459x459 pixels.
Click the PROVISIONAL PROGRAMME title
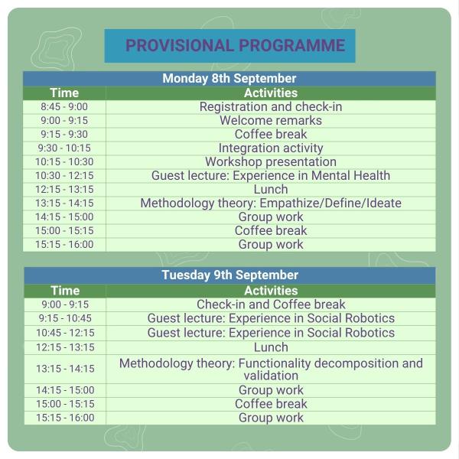pos(235,45)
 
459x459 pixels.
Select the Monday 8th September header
pos(229,79)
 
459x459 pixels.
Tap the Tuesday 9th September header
pos(229,275)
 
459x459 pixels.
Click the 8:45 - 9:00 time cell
pos(64,106)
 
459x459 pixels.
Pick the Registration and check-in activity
pos(271,106)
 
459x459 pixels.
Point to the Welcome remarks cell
pos(271,120)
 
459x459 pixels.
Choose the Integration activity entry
pos(271,148)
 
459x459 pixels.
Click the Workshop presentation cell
pos(271,161)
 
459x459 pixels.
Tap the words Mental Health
pos(350,175)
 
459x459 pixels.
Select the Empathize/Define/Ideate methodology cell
pos(271,203)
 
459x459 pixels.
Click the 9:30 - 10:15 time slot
pos(64,148)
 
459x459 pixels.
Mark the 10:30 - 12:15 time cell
pos(64,175)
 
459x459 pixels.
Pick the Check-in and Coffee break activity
pos(271,304)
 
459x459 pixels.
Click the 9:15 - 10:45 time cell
pos(65,318)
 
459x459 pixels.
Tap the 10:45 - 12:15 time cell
pos(65,333)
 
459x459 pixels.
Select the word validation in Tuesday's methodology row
pos(271,376)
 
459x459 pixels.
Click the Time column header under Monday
pos(64,93)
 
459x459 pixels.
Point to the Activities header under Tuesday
pos(271,291)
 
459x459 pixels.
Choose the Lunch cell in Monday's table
pos(271,189)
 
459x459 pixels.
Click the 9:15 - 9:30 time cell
pos(64,134)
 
